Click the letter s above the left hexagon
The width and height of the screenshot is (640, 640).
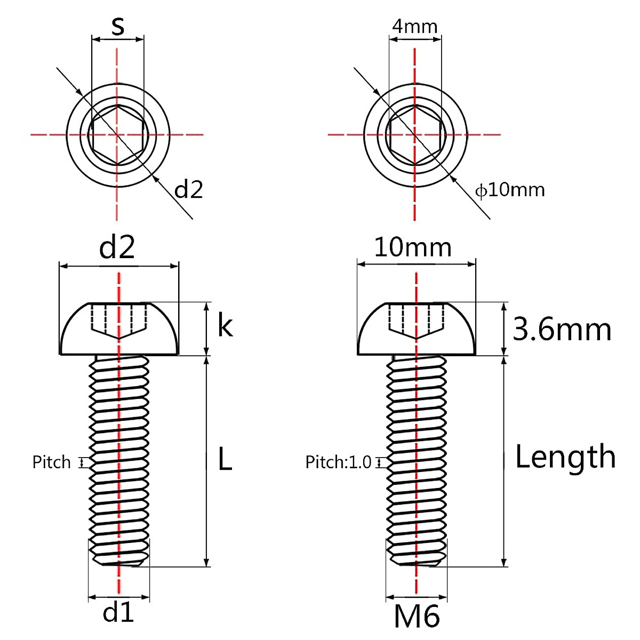[118, 27]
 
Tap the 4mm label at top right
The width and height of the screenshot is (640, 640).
[414, 26]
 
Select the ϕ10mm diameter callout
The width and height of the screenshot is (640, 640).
[510, 189]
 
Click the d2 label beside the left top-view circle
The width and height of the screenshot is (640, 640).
[189, 189]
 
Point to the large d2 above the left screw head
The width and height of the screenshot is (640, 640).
[117, 248]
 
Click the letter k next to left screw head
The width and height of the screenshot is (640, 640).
[225, 326]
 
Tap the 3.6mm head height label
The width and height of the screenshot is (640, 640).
[562, 330]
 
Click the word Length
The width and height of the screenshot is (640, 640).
[565, 457]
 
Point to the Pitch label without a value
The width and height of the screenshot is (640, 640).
[51, 462]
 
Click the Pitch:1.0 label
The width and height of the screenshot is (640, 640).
[338, 462]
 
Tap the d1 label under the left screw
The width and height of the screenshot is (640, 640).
[118, 613]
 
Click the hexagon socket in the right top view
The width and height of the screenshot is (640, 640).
[413, 134]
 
